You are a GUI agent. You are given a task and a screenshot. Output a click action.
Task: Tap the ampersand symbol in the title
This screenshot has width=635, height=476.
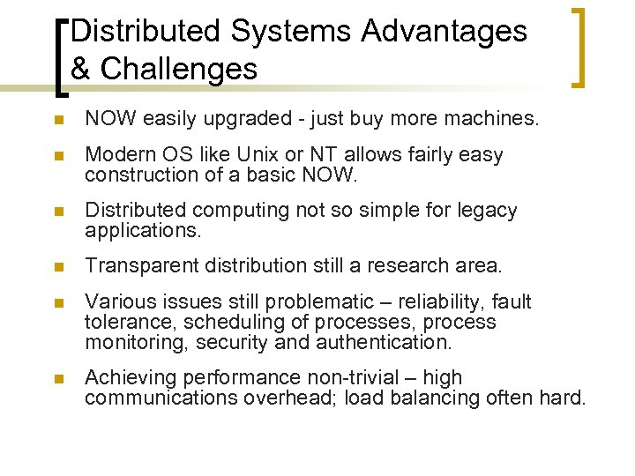(81, 69)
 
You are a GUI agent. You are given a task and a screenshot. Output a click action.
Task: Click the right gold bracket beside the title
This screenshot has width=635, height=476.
(579, 48)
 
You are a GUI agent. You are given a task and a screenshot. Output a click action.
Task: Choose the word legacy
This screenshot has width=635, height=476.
(489, 211)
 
